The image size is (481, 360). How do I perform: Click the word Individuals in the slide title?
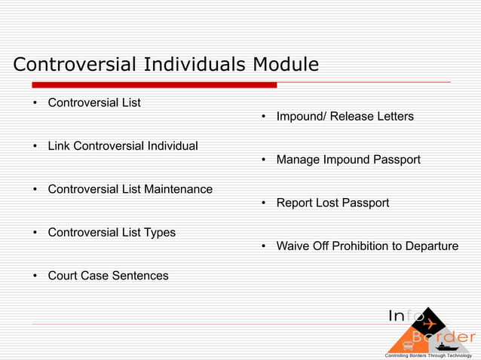click(191, 65)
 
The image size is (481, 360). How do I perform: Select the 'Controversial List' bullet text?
click(94, 102)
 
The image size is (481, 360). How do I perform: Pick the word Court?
click(64, 276)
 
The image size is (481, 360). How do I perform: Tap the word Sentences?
click(140, 276)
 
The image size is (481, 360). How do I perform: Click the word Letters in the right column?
click(393, 117)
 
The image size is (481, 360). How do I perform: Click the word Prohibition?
click(360, 246)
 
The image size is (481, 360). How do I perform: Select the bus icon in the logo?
click(408, 346)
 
